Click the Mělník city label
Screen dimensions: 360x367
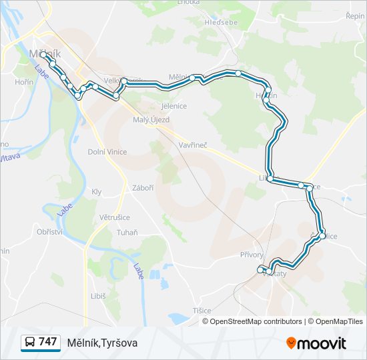(x=45, y=53)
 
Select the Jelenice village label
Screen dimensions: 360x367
(x=175, y=106)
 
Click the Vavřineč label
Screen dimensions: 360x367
(x=194, y=145)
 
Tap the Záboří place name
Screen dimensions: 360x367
(x=143, y=188)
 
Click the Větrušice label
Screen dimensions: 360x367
(x=115, y=217)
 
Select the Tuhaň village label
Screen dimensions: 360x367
(x=127, y=232)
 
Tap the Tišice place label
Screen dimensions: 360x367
(x=202, y=311)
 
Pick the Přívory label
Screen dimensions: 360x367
(x=252, y=255)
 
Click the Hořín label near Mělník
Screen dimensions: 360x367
(x=24, y=82)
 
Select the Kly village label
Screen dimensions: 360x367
(x=97, y=191)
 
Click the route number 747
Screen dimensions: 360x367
(x=47, y=342)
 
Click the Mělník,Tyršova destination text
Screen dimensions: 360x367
(x=102, y=343)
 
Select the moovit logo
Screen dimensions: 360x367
(x=316, y=343)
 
